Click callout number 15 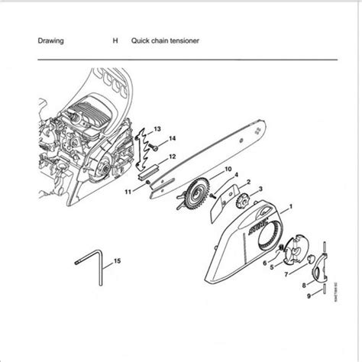(117, 263)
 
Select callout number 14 (173, 138)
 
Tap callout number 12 (173, 156)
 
